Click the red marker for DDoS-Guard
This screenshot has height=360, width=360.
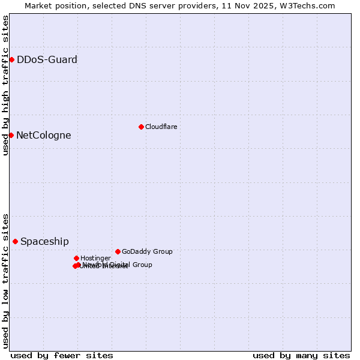[x=11, y=59]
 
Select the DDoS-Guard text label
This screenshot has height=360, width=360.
[x=47, y=59]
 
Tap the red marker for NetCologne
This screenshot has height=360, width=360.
[x=11, y=135]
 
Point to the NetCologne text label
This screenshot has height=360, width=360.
[x=43, y=135]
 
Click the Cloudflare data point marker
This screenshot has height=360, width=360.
[x=141, y=127]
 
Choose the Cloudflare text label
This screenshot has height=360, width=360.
[x=161, y=127]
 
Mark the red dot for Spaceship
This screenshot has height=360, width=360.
[x=15, y=241]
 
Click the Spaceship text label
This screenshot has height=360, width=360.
[x=44, y=241]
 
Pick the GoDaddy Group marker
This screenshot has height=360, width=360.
[x=118, y=251]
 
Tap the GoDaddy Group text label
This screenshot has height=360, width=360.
[x=147, y=251]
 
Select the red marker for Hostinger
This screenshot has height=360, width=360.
[x=76, y=258]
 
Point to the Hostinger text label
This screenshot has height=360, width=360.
[x=95, y=258]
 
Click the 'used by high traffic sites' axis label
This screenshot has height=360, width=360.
[x=5, y=85]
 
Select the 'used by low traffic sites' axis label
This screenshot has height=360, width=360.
[x=5, y=280]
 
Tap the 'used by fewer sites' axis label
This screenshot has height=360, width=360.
[x=62, y=355]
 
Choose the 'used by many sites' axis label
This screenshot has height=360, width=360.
[x=301, y=355]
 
